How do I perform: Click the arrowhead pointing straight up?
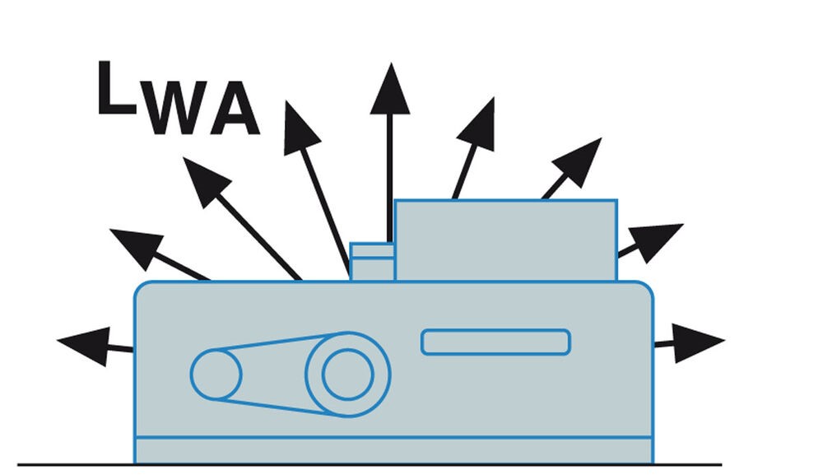point(390,89)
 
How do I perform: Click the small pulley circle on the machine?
point(216,375)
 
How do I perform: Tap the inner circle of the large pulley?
point(348,375)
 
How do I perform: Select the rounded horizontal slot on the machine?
point(495,342)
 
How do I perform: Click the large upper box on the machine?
point(505,240)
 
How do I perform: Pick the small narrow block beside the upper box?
point(372,262)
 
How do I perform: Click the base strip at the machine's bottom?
point(393,450)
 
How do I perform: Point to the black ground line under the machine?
point(370,464)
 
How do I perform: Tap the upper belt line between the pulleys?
point(281,341)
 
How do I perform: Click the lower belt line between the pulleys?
point(281,407)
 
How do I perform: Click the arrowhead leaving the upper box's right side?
point(654,241)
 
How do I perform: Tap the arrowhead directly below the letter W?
point(206,180)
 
